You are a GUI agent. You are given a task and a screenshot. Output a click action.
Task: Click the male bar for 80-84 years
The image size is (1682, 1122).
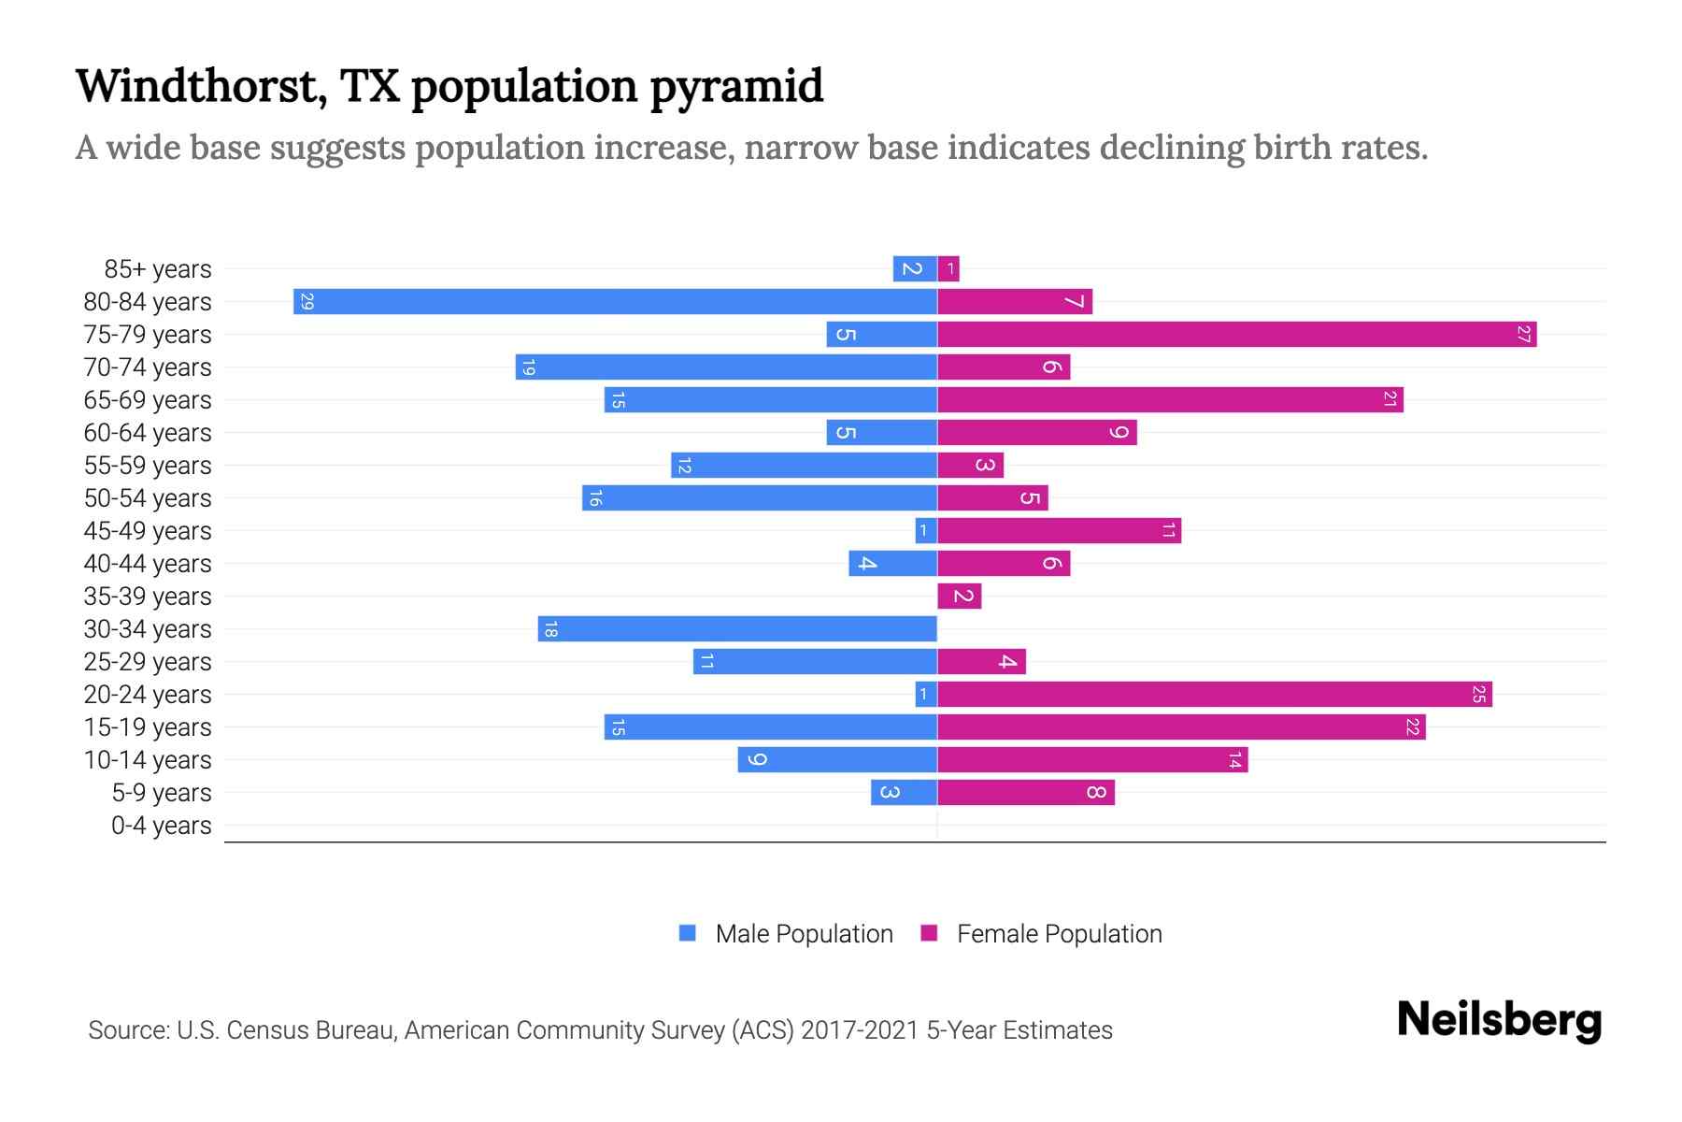point(615,301)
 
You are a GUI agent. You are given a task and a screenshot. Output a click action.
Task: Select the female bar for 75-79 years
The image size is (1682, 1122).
point(1236,334)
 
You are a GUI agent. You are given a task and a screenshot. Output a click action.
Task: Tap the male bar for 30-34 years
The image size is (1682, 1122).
point(737,628)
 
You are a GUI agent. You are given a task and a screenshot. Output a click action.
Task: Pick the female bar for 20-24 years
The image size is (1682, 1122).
point(1214,694)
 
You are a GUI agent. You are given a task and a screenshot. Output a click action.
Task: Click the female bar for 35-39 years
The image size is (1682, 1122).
point(960,596)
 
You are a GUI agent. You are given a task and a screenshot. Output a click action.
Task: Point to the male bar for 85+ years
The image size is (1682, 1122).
point(915,268)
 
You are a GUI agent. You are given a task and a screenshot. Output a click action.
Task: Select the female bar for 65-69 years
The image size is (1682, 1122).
point(1170,399)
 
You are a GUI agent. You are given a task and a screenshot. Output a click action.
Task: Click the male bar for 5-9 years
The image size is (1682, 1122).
point(904,792)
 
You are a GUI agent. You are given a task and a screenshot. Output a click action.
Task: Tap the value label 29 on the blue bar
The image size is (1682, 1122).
point(306,301)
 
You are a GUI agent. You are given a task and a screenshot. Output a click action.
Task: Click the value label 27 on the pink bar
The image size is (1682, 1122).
point(1523,334)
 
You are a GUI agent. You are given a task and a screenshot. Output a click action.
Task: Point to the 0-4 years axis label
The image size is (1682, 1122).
point(161,826)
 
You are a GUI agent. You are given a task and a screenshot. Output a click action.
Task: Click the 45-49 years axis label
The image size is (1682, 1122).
point(148,531)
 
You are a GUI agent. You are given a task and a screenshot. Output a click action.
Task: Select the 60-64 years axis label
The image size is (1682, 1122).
point(148,433)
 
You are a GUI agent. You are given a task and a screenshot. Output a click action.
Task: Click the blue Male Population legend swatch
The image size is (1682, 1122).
point(688,933)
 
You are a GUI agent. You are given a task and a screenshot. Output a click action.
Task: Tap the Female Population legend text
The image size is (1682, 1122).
point(1059,934)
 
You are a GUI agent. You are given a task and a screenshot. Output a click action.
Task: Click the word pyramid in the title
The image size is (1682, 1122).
point(735,87)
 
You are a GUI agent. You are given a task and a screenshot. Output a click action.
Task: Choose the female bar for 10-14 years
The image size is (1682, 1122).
point(1092,759)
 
